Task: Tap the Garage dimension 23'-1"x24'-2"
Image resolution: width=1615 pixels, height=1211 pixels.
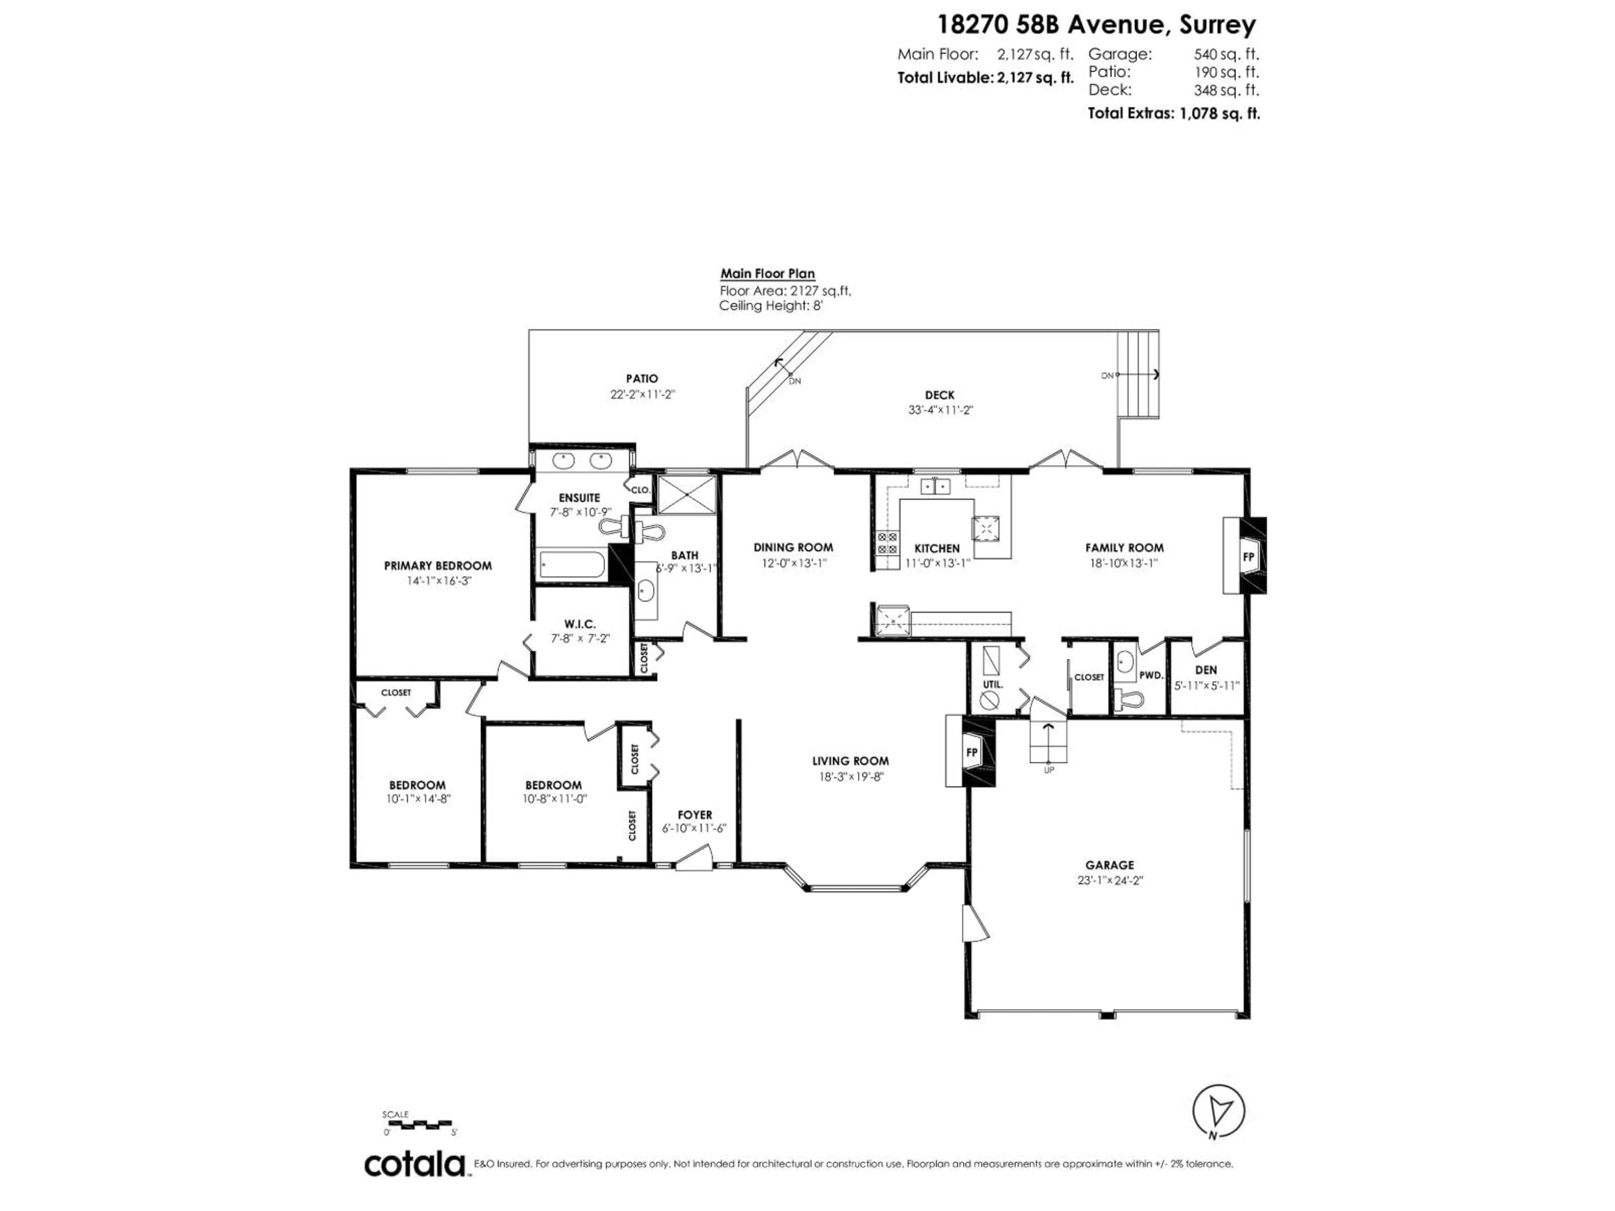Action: (1109, 880)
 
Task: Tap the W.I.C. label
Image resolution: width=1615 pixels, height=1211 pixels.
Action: (580, 624)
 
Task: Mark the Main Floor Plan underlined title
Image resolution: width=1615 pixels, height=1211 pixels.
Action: (768, 274)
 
